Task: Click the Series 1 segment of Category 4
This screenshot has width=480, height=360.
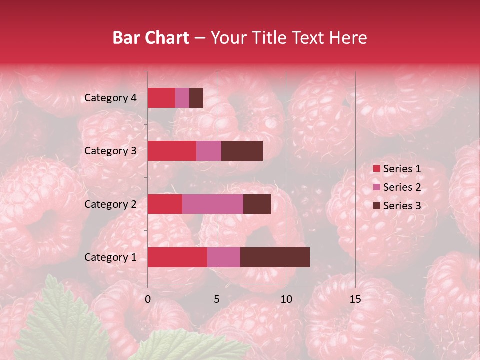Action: [161, 98]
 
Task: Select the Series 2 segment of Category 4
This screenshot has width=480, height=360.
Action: [182, 98]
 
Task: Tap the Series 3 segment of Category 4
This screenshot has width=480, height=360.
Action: [196, 98]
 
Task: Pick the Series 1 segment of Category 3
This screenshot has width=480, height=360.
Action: [172, 151]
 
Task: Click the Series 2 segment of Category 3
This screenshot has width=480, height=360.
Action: [209, 151]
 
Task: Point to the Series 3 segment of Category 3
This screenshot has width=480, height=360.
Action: [242, 151]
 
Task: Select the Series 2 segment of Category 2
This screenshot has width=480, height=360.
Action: [213, 204]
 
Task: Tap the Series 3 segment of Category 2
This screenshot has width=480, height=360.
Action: [257, 204]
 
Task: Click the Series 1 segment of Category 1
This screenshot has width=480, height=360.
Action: [177, 257]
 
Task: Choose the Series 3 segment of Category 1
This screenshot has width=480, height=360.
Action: [275, 257]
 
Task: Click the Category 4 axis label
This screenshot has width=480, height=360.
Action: [110, 98]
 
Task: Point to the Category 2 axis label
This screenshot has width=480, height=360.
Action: [110, 204]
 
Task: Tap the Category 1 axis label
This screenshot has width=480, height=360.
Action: [110, 257]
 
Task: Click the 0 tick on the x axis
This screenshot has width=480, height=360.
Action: [148, 299]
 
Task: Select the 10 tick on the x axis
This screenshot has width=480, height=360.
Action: [286, 299]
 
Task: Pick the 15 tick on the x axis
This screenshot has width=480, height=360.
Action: [355, 299]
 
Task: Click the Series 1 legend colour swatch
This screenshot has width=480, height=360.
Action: [377, 169]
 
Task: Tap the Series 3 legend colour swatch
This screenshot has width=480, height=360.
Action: [377, 206]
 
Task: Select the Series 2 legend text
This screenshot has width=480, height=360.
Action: [402, 187]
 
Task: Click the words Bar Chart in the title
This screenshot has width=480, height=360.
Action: [151, 38]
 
